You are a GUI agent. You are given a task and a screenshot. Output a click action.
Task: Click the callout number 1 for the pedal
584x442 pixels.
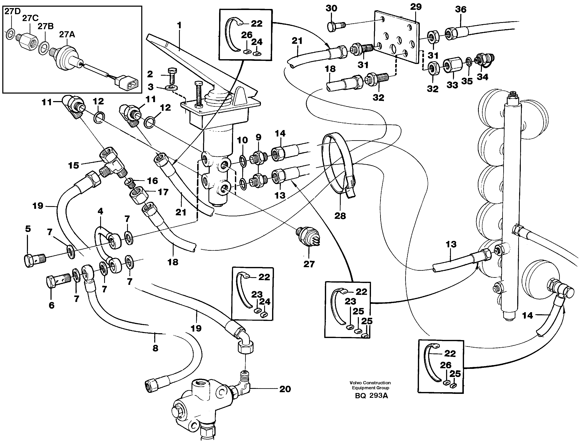179,26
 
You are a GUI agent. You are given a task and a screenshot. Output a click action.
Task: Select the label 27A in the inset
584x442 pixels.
67,35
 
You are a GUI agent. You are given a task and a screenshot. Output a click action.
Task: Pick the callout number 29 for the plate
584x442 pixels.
416,7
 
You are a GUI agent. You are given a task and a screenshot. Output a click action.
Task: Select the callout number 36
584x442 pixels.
461,10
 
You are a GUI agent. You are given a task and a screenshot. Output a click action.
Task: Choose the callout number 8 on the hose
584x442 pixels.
155,348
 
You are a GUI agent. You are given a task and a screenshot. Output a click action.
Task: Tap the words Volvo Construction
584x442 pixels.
370,383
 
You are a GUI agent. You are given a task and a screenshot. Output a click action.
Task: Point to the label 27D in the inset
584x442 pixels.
12,11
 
